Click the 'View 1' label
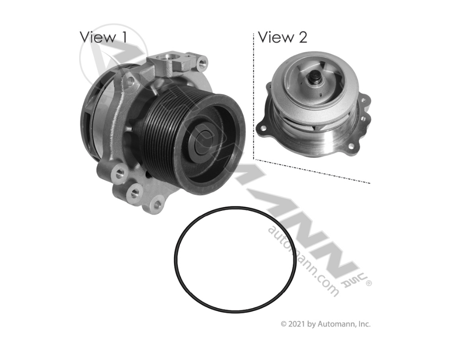[103, 37]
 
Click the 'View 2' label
[282, 37]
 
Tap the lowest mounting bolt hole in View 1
[157, 205]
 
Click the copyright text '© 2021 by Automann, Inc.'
[325, 324]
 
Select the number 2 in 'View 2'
[302, 37]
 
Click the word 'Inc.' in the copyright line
[363, 324]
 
